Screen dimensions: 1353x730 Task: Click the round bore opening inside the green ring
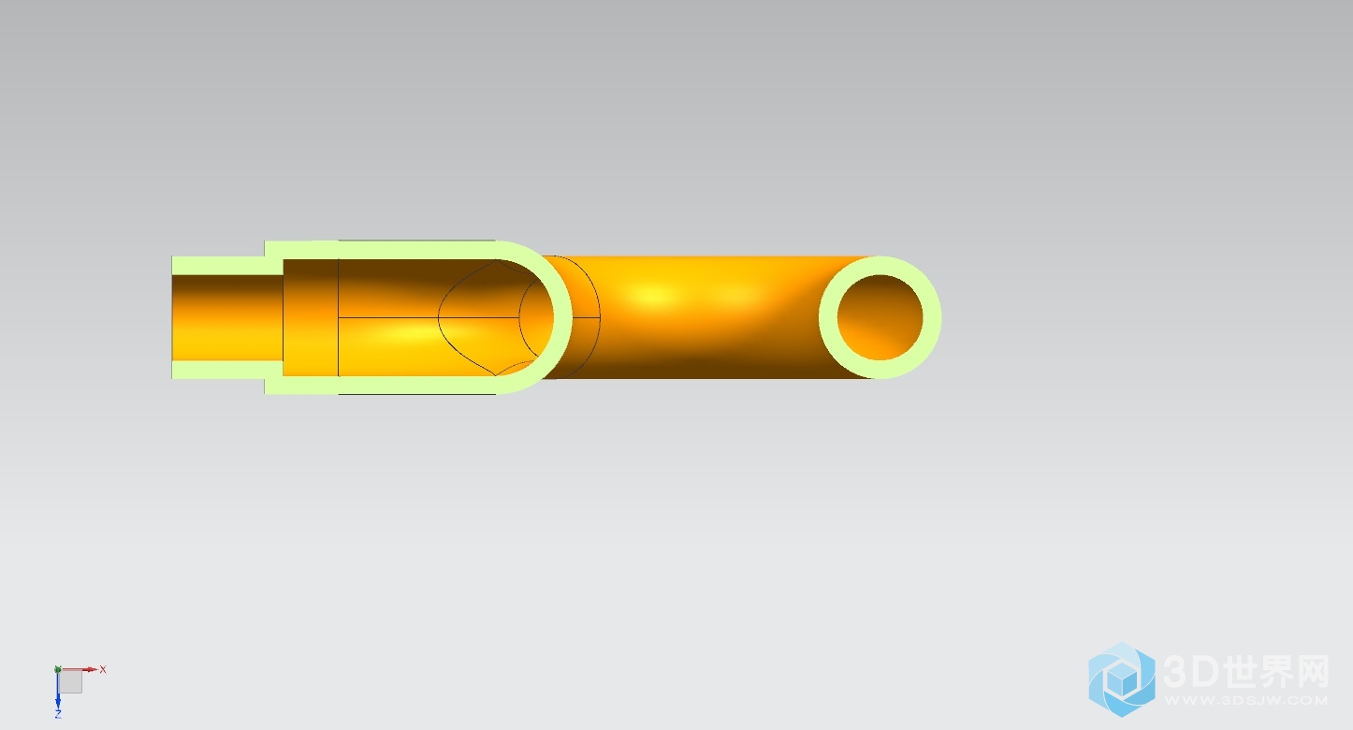[880, 317]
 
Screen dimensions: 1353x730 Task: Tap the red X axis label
[103, 669]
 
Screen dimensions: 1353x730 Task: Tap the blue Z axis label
[58, 714]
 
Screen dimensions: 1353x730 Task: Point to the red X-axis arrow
[79, 669]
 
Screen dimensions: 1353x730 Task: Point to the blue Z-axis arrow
[58, 690]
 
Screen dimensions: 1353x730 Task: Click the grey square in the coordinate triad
[71, 681]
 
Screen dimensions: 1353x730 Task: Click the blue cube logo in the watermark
[1122, 679]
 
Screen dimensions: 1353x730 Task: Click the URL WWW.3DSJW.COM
[1246, 701]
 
